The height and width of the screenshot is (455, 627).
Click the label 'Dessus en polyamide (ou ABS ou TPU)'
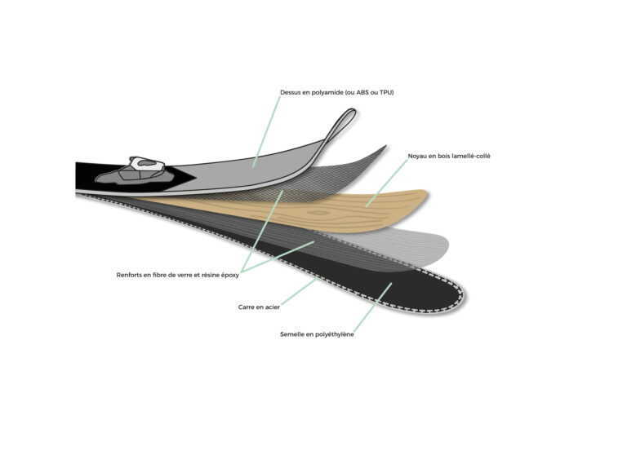point(336,92)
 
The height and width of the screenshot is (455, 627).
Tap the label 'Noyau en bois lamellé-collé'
point(449,157)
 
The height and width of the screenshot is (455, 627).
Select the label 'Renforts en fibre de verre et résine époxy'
point(177,276)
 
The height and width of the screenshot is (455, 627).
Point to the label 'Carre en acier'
point(259,307)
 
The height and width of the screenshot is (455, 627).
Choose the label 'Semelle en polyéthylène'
point(317,334)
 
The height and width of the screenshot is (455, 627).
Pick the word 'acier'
point(272,307)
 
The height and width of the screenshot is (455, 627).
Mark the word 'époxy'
point(230,276)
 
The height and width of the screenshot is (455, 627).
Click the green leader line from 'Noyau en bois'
point(386,183)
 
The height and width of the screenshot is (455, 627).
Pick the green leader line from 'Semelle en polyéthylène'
point(372,307)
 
